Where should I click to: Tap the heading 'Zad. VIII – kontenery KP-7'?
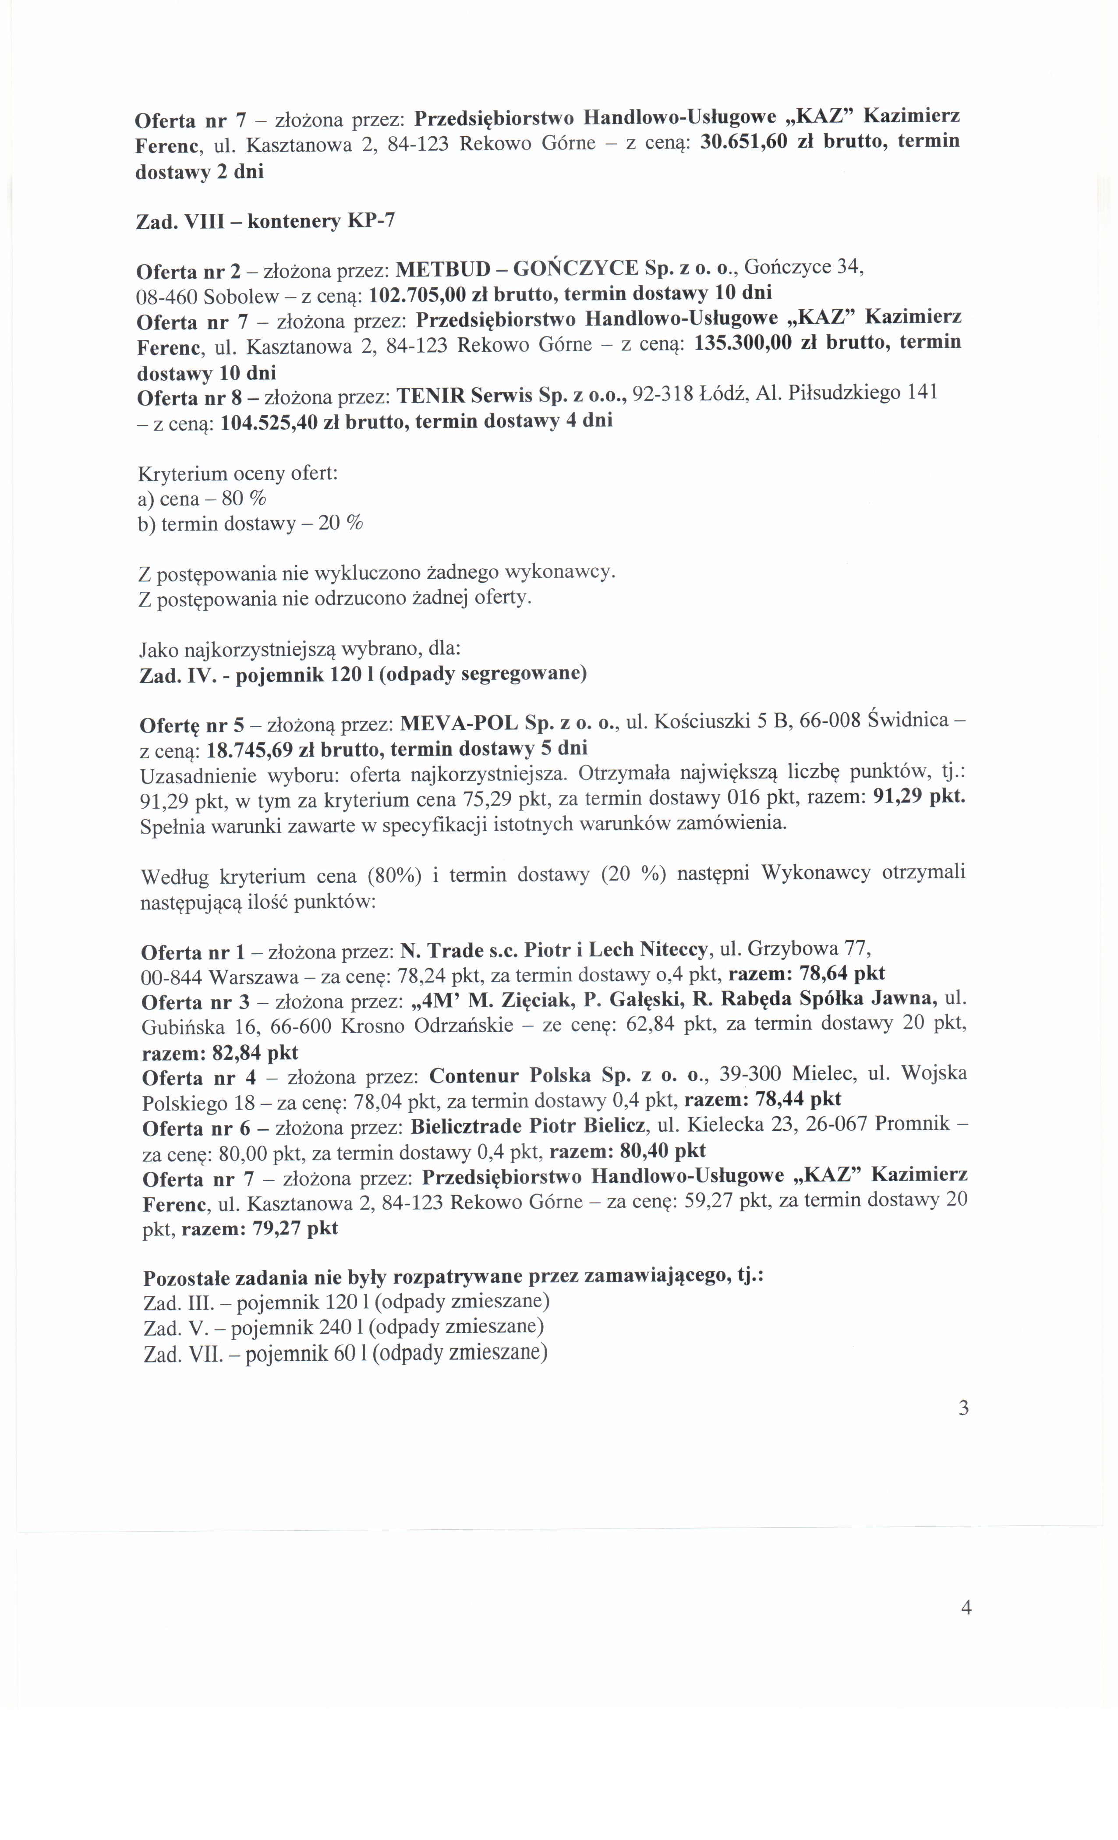click(265, 221)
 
